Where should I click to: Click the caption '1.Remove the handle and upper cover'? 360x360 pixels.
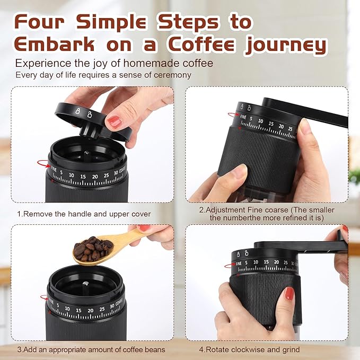[x=84, y=214]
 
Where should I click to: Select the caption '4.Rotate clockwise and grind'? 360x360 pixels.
[x=249, y=349]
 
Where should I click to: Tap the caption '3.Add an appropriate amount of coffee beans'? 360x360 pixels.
[x=91, y=349]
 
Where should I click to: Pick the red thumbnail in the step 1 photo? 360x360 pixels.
[x=115, y=121]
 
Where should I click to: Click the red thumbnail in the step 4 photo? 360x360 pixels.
[x=288, y=293]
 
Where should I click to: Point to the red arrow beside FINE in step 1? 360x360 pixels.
[x=49, y=166]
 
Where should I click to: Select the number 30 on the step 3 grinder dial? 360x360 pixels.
[x=111, y=306]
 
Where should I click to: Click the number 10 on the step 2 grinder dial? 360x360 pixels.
[x=260, y=121]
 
